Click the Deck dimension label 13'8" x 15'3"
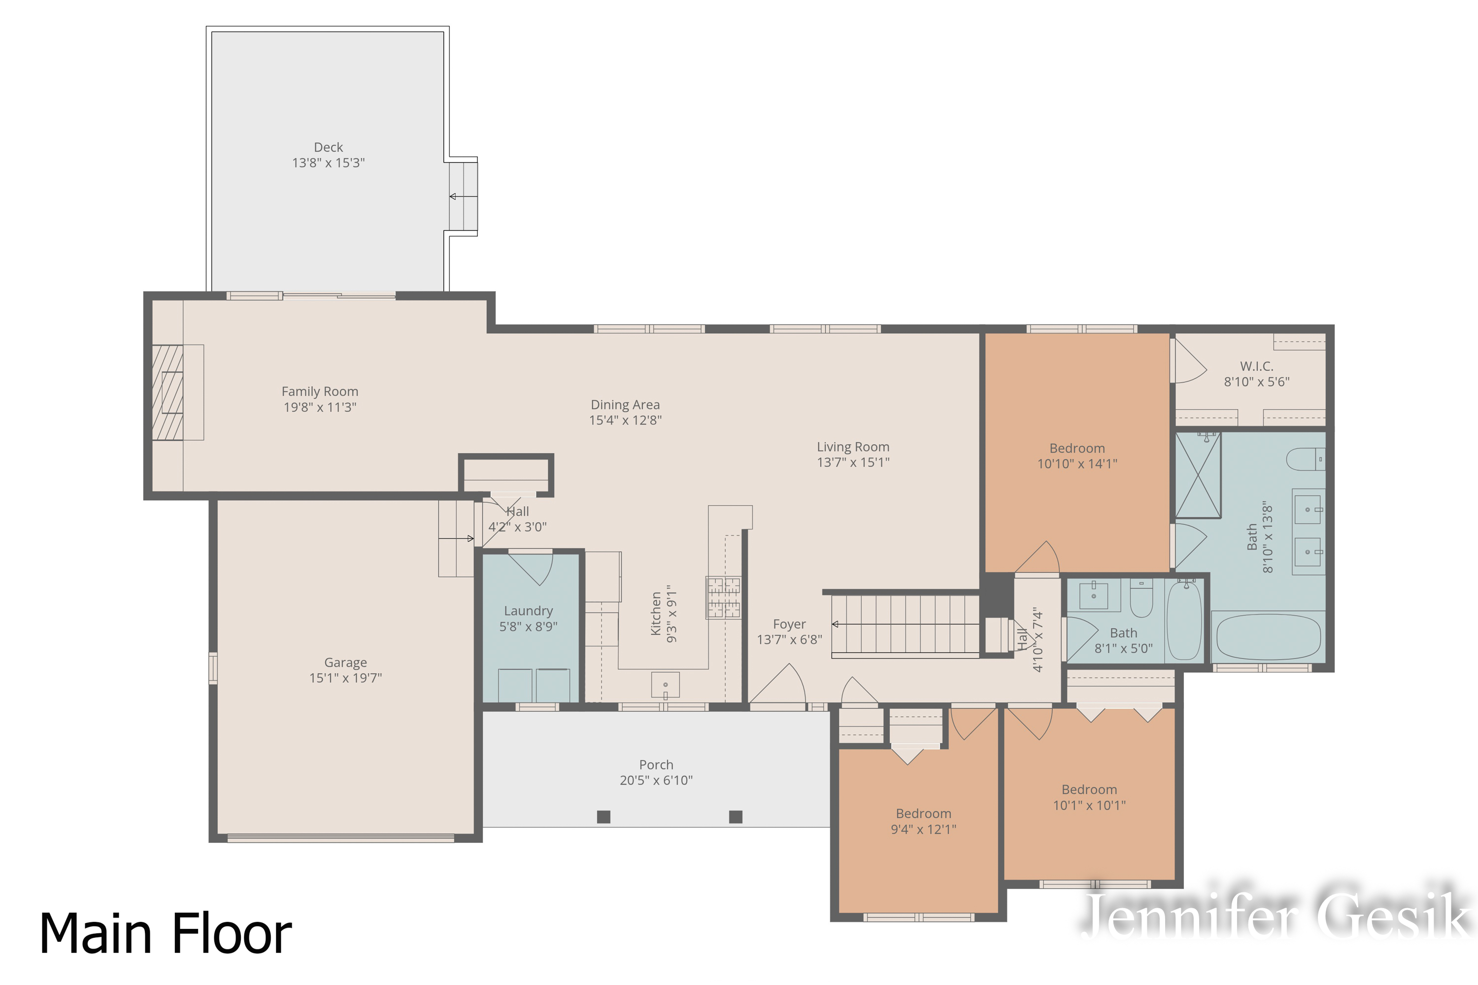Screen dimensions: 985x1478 pyautogui.click(x=328, y=163)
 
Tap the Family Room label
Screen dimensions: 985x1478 pyautogui.click(x=320, y=392)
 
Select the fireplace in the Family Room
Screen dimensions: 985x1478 pyautogui.click(x=168, y=392)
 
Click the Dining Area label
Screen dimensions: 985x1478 pyautogui.click(x=625, y=404)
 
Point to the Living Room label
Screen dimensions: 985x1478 pyautogui.click(x=853, y=447)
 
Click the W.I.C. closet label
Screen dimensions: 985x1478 pyautogui.click(x=1257, y=365)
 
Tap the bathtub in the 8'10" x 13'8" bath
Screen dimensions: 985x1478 pyautogui.click(x=1268, y=637)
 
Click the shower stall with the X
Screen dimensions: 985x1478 pyautogui.click(x=1198, y=475)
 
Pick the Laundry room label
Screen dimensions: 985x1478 pyautogui.click(x=529, y=611)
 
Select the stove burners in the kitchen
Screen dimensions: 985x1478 pyautogui.click(x=723, y=597)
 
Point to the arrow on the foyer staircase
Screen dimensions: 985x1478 pyautogui.click(x=836, y=624)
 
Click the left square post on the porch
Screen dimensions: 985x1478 pyautogui.click(x=603, y=817)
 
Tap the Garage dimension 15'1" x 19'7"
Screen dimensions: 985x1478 pyautogui.click(x=346, y=678)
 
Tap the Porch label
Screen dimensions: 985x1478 pyautogui.click(x=656, y=764)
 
